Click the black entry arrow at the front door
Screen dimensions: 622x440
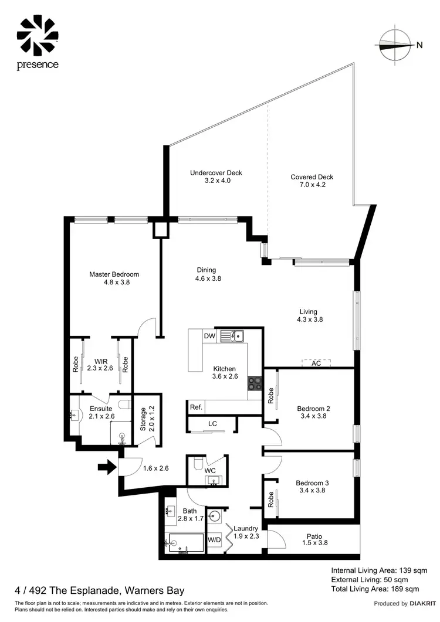click(106, 467)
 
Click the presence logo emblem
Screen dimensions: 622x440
click(38, 35)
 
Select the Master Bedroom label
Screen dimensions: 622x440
click(114, 274)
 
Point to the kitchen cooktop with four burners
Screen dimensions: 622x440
click(255, 383)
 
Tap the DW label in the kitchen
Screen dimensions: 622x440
click(209, 336)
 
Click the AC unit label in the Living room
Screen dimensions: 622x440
click(316, 363)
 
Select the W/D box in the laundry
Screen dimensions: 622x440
click(214, 540)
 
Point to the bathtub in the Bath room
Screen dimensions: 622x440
click(185, 543)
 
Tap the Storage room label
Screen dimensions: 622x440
click(143, 419)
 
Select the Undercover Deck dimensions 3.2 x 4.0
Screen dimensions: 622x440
click(216, 181)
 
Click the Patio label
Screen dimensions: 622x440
click(317, 535)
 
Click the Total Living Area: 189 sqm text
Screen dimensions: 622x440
click(375, 589)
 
